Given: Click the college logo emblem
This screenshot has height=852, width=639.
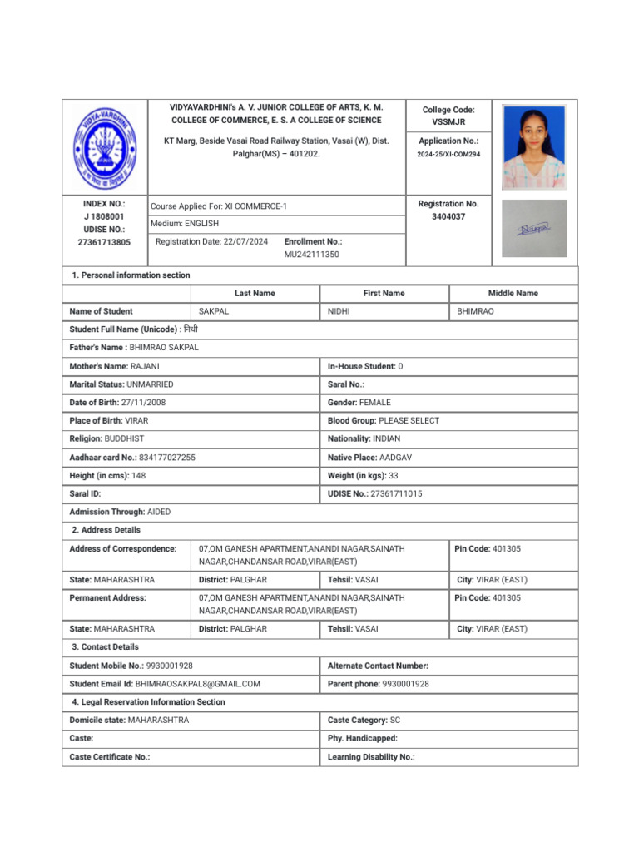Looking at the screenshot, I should [x=105, y=147].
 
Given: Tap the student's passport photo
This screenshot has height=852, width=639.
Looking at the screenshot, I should [x=533, y=147].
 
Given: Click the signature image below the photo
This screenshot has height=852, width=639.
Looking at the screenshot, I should [x=533, y=228].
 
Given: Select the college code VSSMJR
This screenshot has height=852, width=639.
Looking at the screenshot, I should [x=448, y=122].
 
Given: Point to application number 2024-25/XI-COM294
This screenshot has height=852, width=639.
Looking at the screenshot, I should [x=448, y=155].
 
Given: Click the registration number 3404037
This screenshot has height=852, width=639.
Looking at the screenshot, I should [x=448, y=216].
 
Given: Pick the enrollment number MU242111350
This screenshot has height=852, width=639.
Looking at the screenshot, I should [x=312, y=255].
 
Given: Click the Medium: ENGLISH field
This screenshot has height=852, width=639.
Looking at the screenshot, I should [x=185, y=224].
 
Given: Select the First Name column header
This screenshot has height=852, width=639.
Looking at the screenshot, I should [x=384, y=293].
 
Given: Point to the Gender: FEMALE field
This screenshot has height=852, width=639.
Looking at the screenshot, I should [x=359, y=403].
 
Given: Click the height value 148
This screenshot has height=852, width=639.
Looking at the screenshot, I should [x=138, y=475].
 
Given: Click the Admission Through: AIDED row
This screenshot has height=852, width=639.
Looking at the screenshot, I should [x=120, y=512].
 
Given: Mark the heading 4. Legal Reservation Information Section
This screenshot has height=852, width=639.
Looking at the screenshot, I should [x=148, y=702].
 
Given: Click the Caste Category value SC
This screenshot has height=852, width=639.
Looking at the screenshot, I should [x=395, y=720].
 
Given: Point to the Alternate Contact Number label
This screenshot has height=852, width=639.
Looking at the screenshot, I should [x=378, y=666].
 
